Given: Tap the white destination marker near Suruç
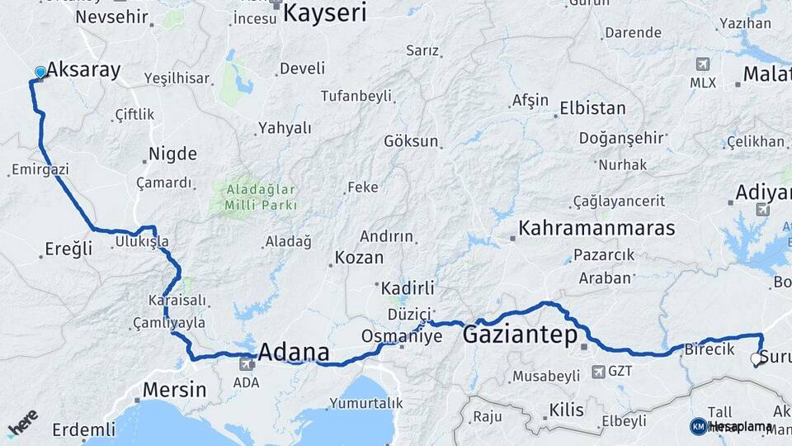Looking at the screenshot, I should pyautogui.click(x=756, y=359).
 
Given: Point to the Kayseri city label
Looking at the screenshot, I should pyautogui.click(x=325, y=12).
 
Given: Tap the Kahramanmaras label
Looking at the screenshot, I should pyautogui.click(x=596, y=228).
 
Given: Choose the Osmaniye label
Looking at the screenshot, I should pyautogui.click(x=402, y=336).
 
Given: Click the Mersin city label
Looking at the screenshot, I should pyautogui.click(x=173, y=389).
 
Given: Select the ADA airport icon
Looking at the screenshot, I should pyautogui.click(x=246, y=364).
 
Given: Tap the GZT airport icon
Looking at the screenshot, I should pyautogui.click(x=597, y=372).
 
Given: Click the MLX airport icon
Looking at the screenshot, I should pyautogui.click(x=703, y=64).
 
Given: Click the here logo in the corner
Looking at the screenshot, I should pyautogui.click(x=22, y=423).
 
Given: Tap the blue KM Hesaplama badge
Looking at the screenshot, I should pyautogui.click(x=698, y=426).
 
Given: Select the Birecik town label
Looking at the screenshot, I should pyautogui.click(x=709, y=349).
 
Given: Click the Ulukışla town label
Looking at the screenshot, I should pyautogui.click(x=142, y=241).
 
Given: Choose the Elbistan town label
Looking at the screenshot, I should pyautogui.click(x=592, y=108).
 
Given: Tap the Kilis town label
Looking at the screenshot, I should pyautogui.click(x=566, y=410).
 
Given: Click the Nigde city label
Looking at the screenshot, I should pyautogui.click(x=172, y=154).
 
